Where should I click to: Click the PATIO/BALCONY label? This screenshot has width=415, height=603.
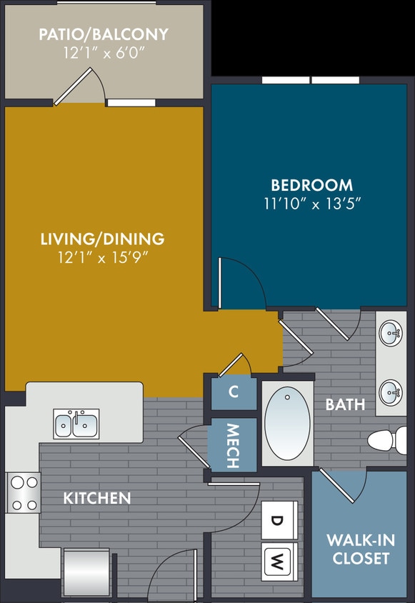104,34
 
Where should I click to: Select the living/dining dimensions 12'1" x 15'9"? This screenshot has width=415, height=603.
102,256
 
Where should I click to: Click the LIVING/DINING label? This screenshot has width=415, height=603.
102,239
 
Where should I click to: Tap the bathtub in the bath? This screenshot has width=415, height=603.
287,423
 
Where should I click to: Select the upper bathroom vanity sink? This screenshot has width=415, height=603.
391,333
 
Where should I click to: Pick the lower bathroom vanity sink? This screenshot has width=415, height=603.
391,391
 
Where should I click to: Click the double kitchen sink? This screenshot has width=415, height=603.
76,424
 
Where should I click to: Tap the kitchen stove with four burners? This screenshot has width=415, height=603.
24,493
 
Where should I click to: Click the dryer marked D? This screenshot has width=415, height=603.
277,519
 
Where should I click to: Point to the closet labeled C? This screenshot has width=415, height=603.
234,392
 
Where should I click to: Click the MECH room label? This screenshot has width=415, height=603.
233,447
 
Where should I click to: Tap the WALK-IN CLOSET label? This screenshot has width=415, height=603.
358,549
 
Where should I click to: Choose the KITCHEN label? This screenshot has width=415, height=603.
97,498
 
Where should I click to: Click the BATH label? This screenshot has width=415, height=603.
345,405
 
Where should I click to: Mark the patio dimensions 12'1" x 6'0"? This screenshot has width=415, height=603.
104,51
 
